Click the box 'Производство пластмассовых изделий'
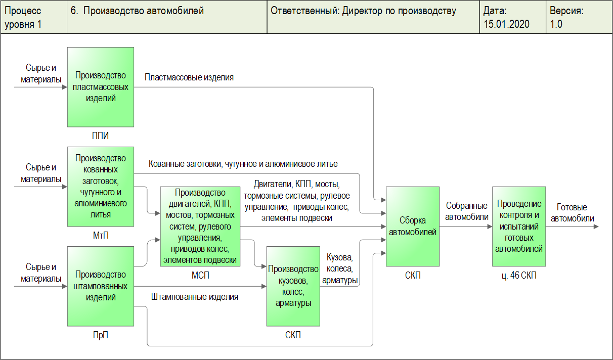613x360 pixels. click(x=101, y=86)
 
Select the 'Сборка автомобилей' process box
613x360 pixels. click(x=411, y=226)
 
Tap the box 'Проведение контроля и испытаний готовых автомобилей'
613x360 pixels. click(x=519, y=226)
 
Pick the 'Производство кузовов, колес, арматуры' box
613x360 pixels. click(x=293, y=286)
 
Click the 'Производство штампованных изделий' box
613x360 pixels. click(x=101, y=286)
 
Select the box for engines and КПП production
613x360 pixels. click(x=200, y=226)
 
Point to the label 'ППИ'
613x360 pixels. click(x=101, y=136)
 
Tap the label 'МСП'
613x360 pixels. click(x=200, y=275)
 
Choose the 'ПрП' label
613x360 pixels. click(x=101, y=335)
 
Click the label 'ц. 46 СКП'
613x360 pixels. click(x=519, y=276)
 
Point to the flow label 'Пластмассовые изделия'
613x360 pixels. click(x=189, y=77)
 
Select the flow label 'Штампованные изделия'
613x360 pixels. click(x=195, y=297)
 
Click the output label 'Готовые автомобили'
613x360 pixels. click(x=572, y=213)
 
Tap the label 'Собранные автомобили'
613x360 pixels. click(x=466, y=211)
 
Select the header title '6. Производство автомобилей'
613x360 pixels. click(x=138, y=11)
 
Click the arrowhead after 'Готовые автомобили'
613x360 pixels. click(x=596, y=227)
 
